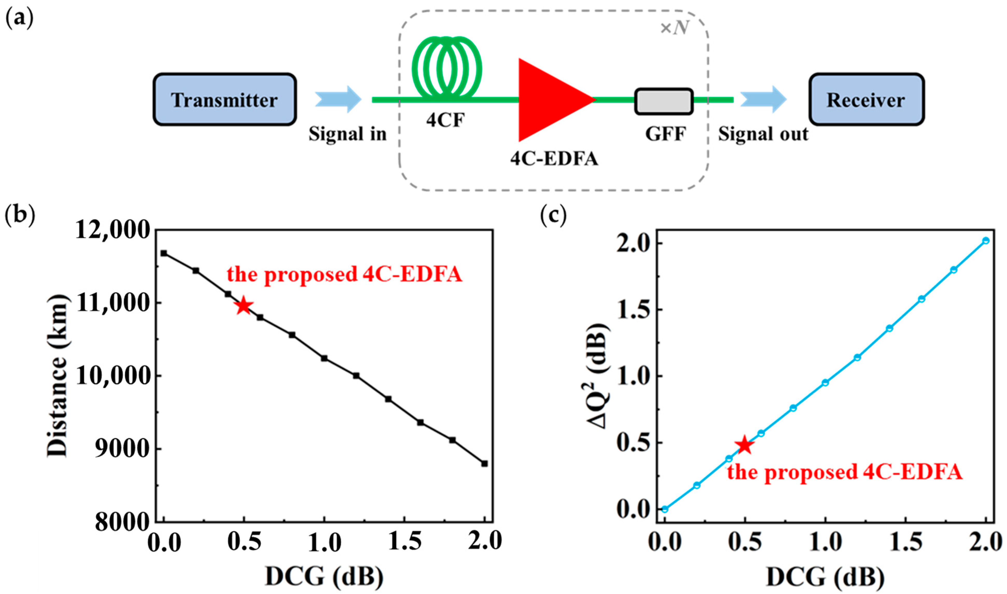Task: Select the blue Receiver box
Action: click(866, 99)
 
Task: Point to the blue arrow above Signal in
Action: click(338, 99)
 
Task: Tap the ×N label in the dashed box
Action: click(674, 28)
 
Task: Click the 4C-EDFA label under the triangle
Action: click(554, 159)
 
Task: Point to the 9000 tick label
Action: click(122, 449)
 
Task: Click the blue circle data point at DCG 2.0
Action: click(985, 241)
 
